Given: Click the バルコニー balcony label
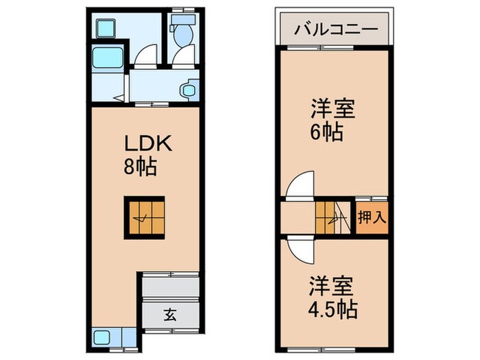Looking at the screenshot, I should click(x=335, y=29).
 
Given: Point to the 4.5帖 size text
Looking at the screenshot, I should click(x=333, y=309).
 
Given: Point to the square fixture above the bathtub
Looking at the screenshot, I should click(x=106, y=28).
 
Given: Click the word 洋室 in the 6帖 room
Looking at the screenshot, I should click(x=326, y=110).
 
